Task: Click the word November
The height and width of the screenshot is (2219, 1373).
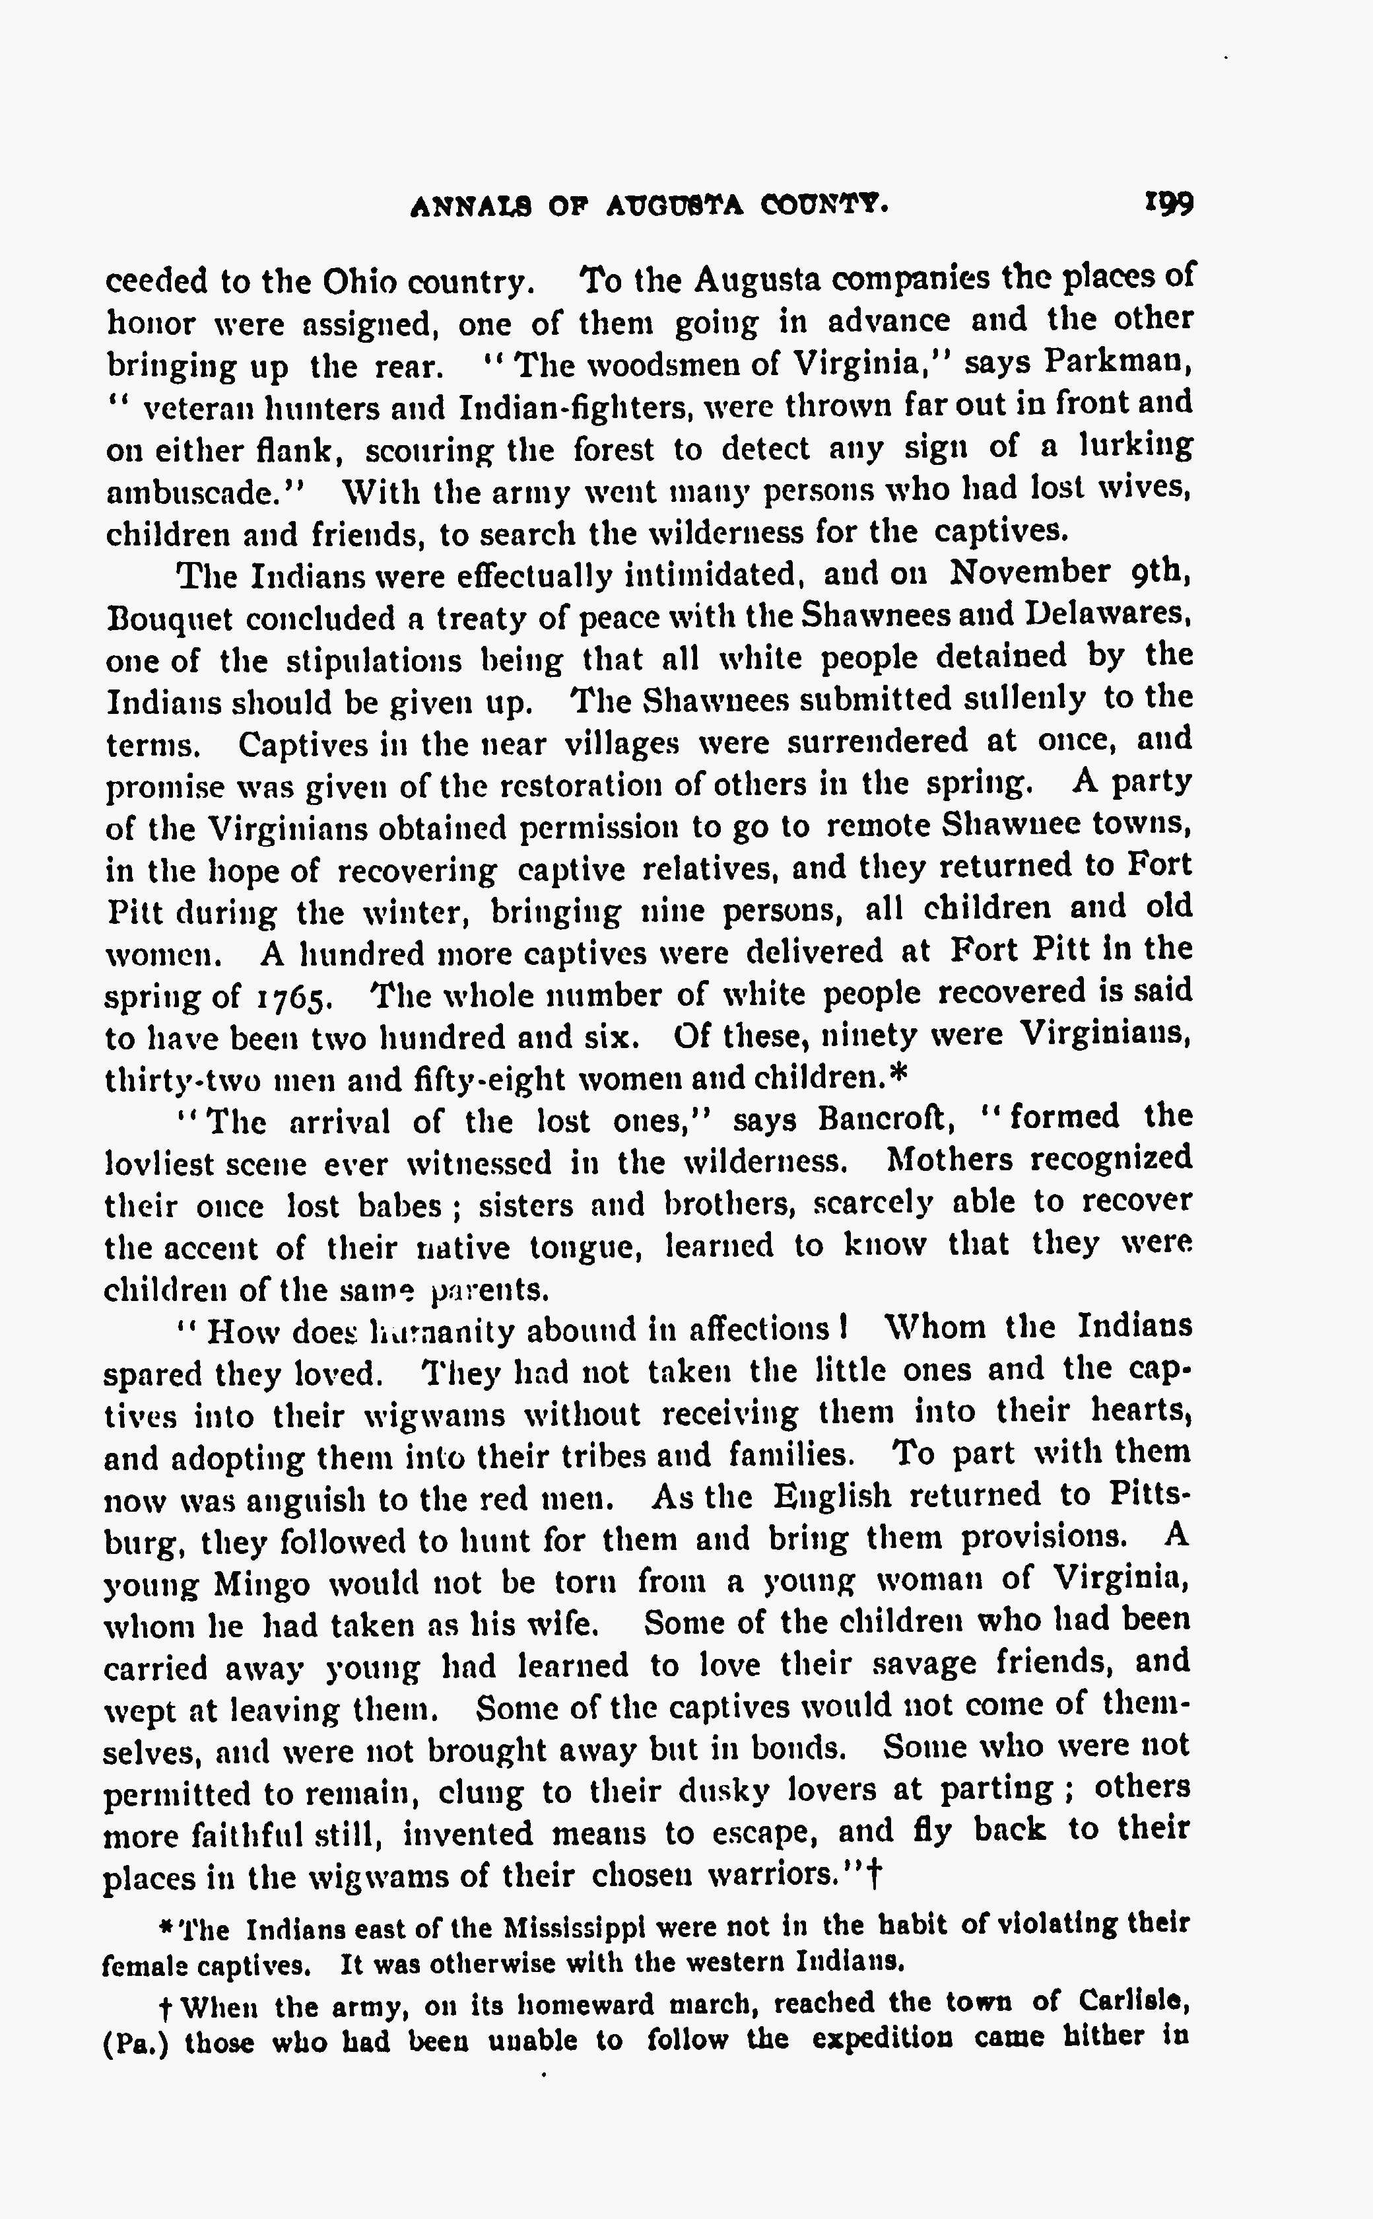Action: click(x=1030, y=572)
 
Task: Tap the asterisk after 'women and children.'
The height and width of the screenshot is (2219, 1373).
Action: click(x=898, y=1075)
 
